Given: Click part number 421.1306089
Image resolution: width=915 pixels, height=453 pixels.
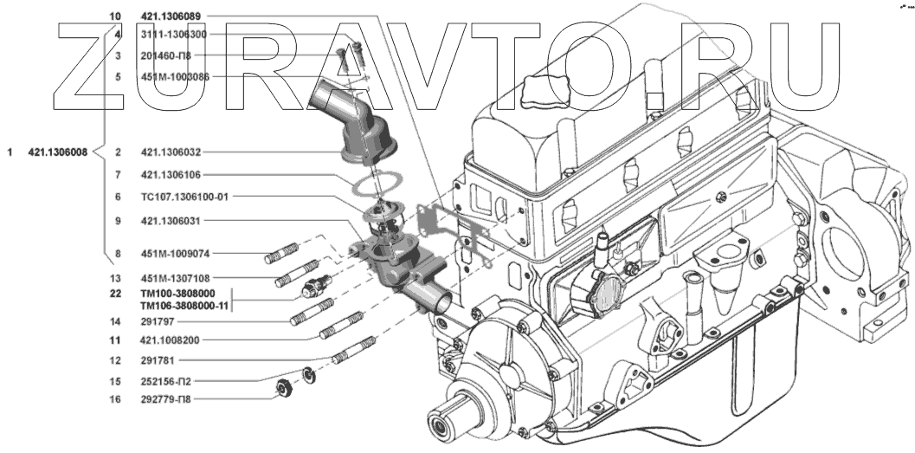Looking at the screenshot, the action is [171, 17].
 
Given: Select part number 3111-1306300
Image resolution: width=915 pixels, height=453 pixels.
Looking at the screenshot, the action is [173, 35].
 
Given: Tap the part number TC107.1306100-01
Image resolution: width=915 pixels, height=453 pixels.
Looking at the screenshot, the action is [184, 197].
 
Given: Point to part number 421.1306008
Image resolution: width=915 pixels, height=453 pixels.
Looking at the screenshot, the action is [58, 152].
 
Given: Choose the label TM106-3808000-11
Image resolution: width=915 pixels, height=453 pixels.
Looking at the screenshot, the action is [184, 305].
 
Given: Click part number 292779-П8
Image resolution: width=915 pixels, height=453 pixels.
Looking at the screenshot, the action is [165, 400].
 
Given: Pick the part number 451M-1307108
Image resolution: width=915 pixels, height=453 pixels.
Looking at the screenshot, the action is [175, 278].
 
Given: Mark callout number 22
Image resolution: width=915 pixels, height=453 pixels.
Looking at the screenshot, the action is [115, 294].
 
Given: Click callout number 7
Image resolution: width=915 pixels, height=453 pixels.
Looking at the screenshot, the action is [118, 175].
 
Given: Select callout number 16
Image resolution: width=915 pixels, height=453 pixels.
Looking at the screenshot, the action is [115, 400].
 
